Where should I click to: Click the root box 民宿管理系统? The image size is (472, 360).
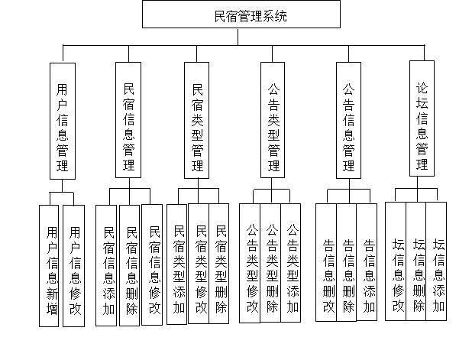pos(241,15)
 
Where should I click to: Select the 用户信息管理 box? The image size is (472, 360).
pos(63,121)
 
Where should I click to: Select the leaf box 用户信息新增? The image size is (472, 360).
pos(51,266)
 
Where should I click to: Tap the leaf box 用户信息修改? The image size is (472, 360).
pos(74,266)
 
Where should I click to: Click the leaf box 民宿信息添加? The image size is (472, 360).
pos(109,268)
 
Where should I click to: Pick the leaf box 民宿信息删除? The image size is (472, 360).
pos(131,268)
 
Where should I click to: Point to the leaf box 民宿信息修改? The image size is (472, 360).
pos(154,268)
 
